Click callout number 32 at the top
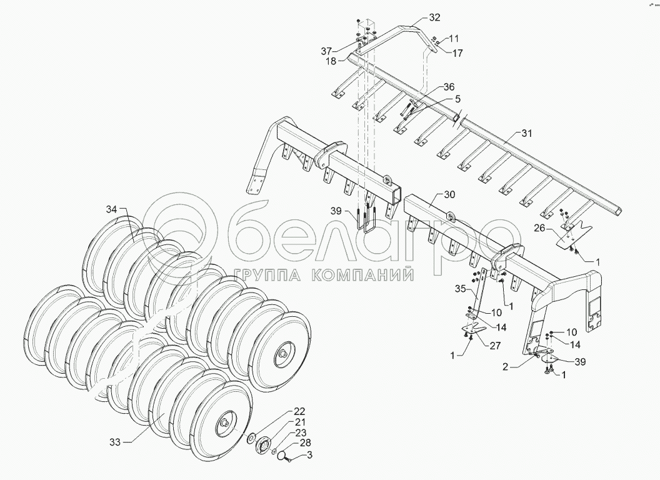(435, 17)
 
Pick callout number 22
(300, 411)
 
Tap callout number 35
(461, 289)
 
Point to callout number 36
(449, 86)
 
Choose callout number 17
(457, 53)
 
